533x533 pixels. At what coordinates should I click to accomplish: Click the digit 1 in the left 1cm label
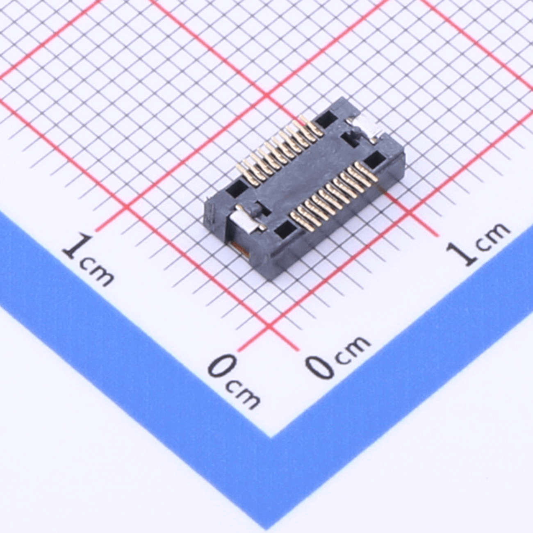pyautogui.click(x=74, y=247)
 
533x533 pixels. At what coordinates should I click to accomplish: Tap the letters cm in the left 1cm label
pyautogui.click(x=96, y=272)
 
